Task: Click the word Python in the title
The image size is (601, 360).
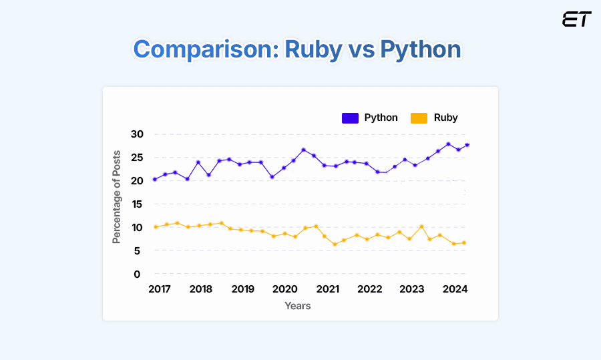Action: pos(421,49)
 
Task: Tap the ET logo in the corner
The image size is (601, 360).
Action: pos(576,19)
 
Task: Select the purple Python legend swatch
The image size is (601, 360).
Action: pos(351,118)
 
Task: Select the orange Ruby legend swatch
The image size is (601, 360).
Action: pos(419,118)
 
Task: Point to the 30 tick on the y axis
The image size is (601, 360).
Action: pos(137,134)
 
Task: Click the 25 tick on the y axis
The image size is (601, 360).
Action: pos(137,158)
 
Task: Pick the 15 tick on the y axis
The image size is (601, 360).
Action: pos(137,204)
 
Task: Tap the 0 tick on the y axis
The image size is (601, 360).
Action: pos(137,274)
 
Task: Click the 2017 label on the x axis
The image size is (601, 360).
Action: pos(159,289)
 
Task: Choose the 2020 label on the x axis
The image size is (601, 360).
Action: pos(285,289)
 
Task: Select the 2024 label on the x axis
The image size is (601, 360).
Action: pos(455,289)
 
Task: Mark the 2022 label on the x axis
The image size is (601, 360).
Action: pos(370,289)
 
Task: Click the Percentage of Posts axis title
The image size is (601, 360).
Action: pos(117,196)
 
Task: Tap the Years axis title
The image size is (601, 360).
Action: pos(298,306)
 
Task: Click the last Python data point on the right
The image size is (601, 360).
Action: pos(467,145)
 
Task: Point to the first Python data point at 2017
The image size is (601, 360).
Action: pos(155,179)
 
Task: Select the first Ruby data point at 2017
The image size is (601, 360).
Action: pos(156,227)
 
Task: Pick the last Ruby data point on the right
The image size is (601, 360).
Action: pos(463,242)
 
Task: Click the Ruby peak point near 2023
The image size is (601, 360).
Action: pos(421,226)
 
